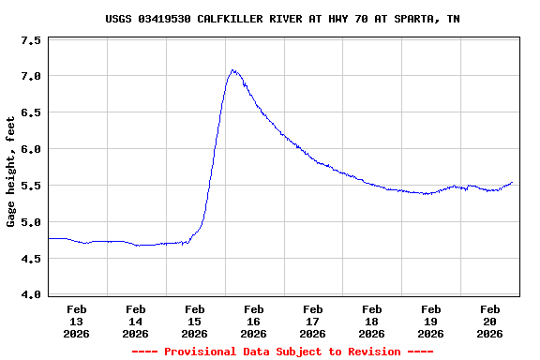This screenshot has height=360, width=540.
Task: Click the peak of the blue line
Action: [232, 70]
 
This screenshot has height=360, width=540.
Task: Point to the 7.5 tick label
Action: [31, 41]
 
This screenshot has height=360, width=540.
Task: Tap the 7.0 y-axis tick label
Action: [31, 76]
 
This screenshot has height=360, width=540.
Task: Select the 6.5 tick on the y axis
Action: [31, 112]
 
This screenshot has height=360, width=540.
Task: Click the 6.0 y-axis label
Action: [31, 149]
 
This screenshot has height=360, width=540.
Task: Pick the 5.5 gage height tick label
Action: [31, 186]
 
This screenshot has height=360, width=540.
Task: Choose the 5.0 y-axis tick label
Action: [31, 222]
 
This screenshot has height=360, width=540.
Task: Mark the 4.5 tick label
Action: [31, 259]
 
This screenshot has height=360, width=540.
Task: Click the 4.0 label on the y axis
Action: [31, 295]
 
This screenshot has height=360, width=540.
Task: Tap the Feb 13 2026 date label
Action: [77, 321]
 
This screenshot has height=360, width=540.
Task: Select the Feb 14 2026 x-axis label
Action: [135, 321]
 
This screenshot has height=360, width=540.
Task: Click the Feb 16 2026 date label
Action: [253, 321]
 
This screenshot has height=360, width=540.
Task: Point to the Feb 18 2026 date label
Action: [371, 321]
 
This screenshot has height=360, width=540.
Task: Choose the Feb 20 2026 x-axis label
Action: [489, 321]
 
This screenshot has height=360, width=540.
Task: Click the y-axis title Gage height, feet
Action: [11, 172]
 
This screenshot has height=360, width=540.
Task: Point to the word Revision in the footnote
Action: [374, 352]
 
